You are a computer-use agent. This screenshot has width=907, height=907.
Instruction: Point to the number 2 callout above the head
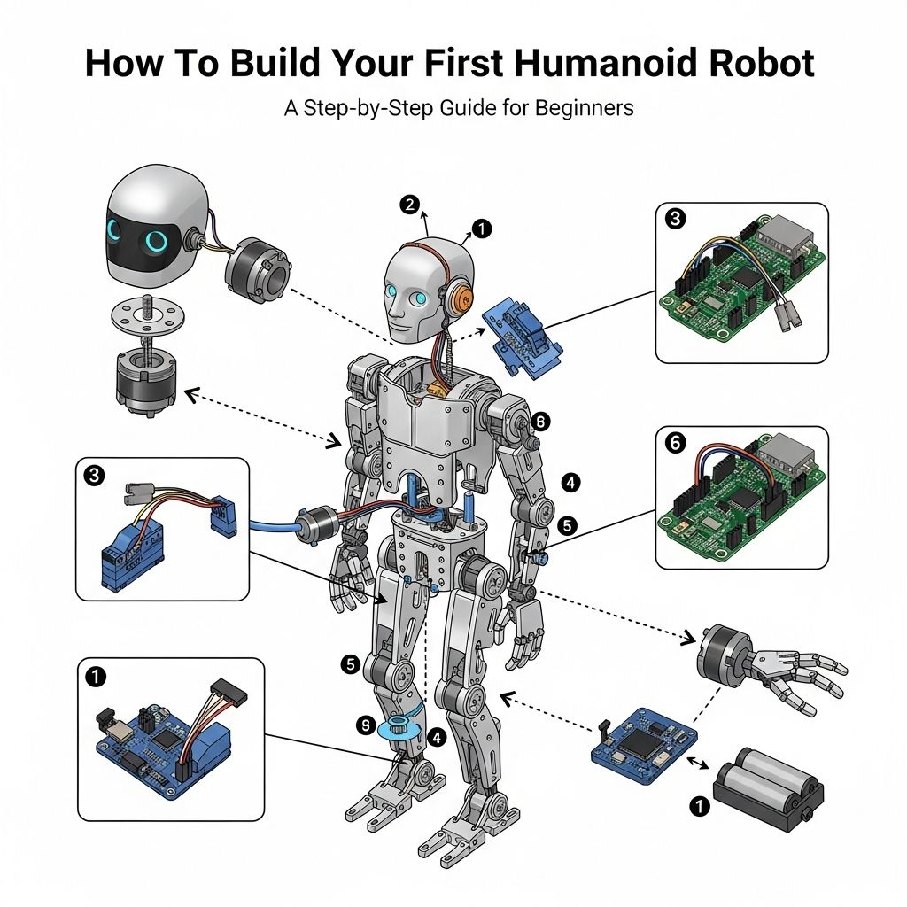point(408,205)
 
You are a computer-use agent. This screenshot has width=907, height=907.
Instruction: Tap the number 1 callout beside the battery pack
point(700,806)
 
